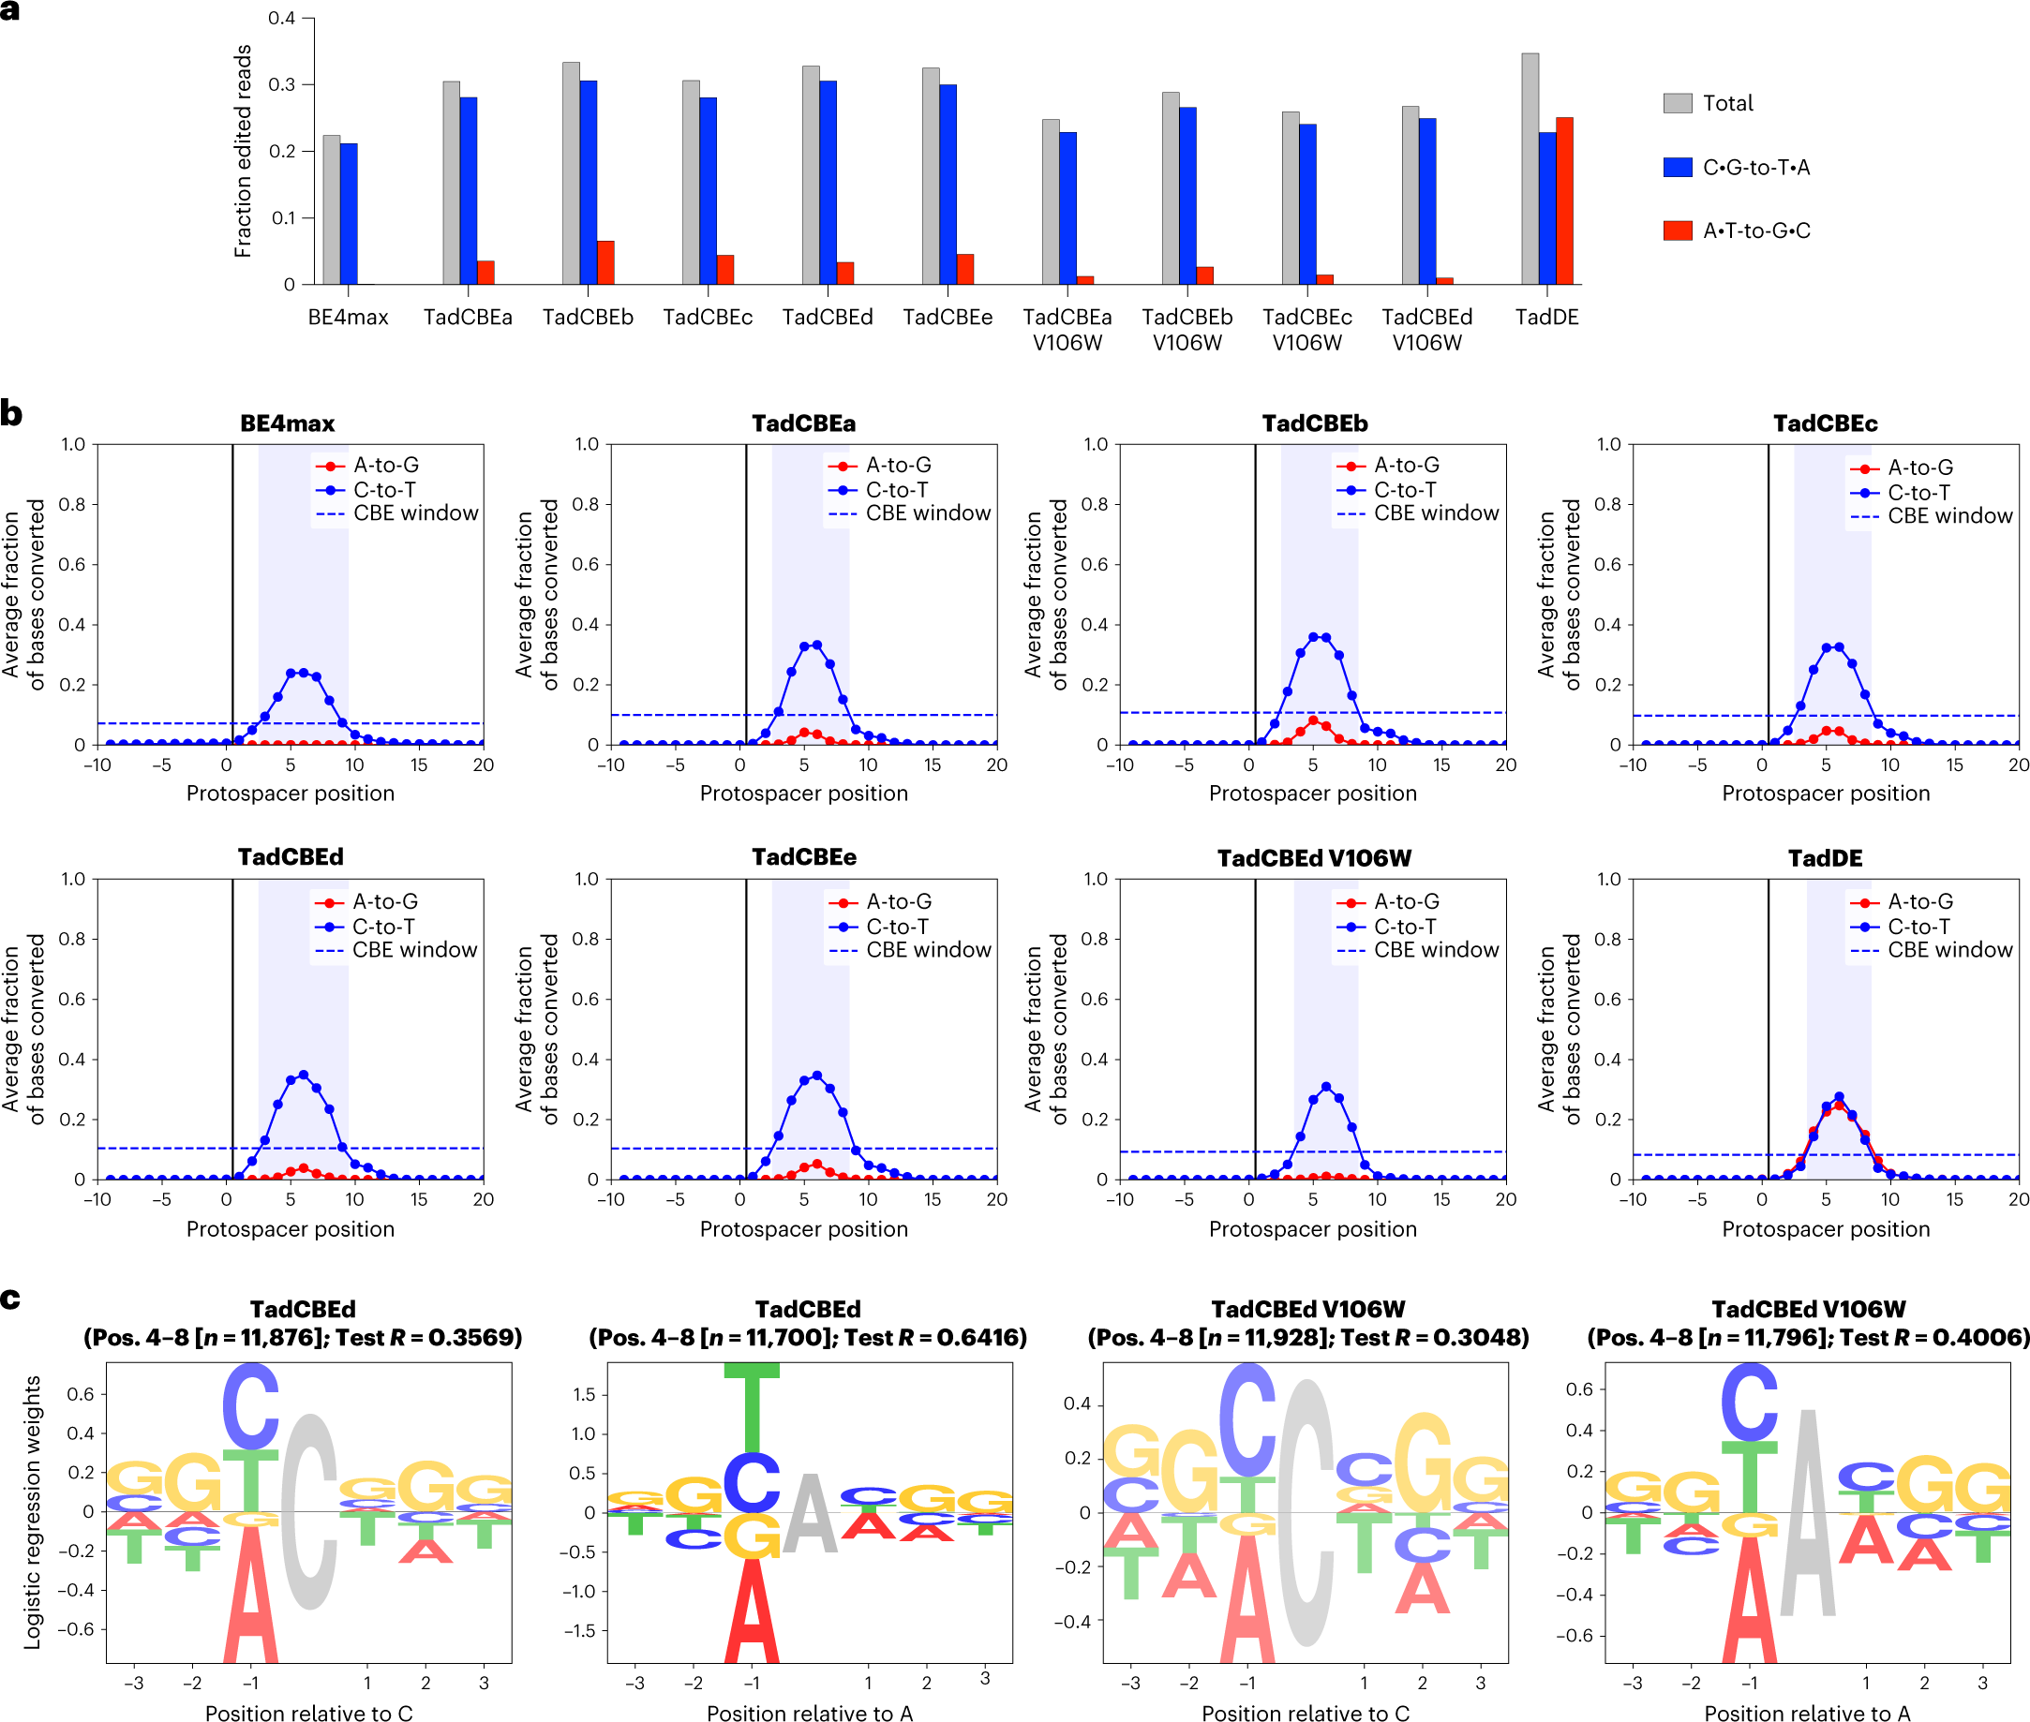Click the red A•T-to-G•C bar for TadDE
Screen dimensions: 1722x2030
(x=1563, y=201)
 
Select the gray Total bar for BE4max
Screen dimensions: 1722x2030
(x=331, y=210)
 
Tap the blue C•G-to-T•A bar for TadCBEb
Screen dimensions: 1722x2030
(x=588, y=183)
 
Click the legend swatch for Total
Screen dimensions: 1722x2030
(x=1677, y=103)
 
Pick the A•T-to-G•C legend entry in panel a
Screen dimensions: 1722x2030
(x=1754, y=231)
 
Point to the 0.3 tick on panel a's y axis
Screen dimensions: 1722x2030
(x=281, y=85)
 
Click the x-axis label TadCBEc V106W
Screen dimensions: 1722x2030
(x=1306, y=329)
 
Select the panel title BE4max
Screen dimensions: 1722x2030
(x=287, y=423)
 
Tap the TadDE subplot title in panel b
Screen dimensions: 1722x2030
(x=1824, y=858)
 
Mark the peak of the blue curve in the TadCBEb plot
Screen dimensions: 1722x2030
(x=1320, y=636)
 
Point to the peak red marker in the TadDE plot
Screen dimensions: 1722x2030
(x=1839, y=1105)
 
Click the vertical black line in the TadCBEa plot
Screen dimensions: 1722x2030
(x=746, y=586)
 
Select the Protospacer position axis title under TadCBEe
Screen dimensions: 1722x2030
(x=802, y=1229)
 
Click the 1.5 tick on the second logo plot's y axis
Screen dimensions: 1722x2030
(x=584, y=1394)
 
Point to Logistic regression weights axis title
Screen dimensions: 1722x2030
(x=32, y=1513)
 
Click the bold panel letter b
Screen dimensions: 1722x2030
(x=12, y=414)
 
